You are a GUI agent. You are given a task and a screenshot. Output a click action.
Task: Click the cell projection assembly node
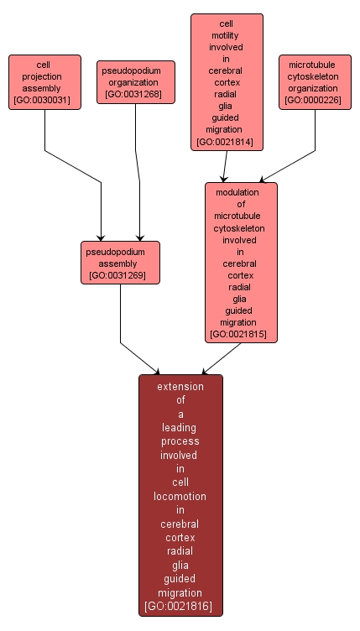point(44,82)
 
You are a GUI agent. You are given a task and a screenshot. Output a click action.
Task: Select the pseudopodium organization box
point(136,81)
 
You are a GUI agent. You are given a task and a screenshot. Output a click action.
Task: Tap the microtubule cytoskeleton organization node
point(315,81)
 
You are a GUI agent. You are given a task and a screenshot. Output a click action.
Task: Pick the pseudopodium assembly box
point(120,262)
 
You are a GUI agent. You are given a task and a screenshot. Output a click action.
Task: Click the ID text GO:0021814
point(227,143)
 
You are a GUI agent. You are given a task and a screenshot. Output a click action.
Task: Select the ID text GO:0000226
point(315,101)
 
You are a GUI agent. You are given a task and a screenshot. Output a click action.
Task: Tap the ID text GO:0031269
point(120,275)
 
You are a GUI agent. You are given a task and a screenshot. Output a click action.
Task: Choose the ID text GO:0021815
point(241,334)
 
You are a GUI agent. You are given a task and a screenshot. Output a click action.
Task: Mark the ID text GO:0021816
point(180,606)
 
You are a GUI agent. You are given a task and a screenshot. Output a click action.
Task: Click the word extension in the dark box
point(180,387)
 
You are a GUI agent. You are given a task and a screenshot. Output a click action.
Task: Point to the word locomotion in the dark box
point(180,496)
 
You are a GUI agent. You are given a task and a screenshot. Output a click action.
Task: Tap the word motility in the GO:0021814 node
point(227,37)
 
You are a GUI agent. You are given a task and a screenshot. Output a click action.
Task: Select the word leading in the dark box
point(180,427)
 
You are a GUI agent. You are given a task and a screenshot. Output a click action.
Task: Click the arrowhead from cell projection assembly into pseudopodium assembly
point(102,237)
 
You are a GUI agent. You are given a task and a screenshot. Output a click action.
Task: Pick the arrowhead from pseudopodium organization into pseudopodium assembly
point(140,237)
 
